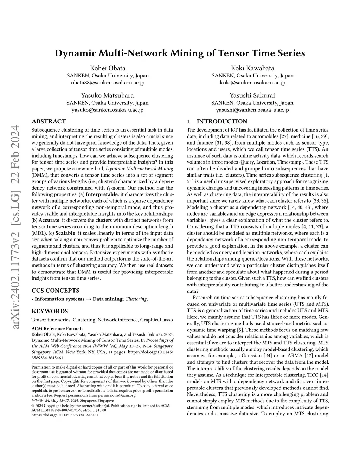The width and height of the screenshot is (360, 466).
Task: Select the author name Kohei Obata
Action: click(108, 68)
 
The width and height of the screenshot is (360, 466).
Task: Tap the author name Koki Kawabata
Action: click(252, 68)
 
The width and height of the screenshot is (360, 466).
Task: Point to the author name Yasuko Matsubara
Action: click(108, 95)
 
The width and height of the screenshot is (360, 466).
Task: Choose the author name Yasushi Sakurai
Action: click(252, 95)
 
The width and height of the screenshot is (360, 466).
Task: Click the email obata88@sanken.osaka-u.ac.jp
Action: click(108, 83)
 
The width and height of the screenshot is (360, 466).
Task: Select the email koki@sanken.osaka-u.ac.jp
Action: click(252, 83)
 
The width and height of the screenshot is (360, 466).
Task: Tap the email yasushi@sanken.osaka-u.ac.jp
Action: click(252, 110)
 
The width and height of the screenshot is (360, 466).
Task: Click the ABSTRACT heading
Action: click(49, 121)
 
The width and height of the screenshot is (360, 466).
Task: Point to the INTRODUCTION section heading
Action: click(222, 121)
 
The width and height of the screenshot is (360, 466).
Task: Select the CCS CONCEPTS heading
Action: click(55, 291)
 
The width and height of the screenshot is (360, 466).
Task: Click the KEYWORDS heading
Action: click(50, 311)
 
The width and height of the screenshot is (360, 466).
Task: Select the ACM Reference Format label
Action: click(57, 328)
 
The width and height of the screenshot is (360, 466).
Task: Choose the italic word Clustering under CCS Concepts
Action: click(136, 299)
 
